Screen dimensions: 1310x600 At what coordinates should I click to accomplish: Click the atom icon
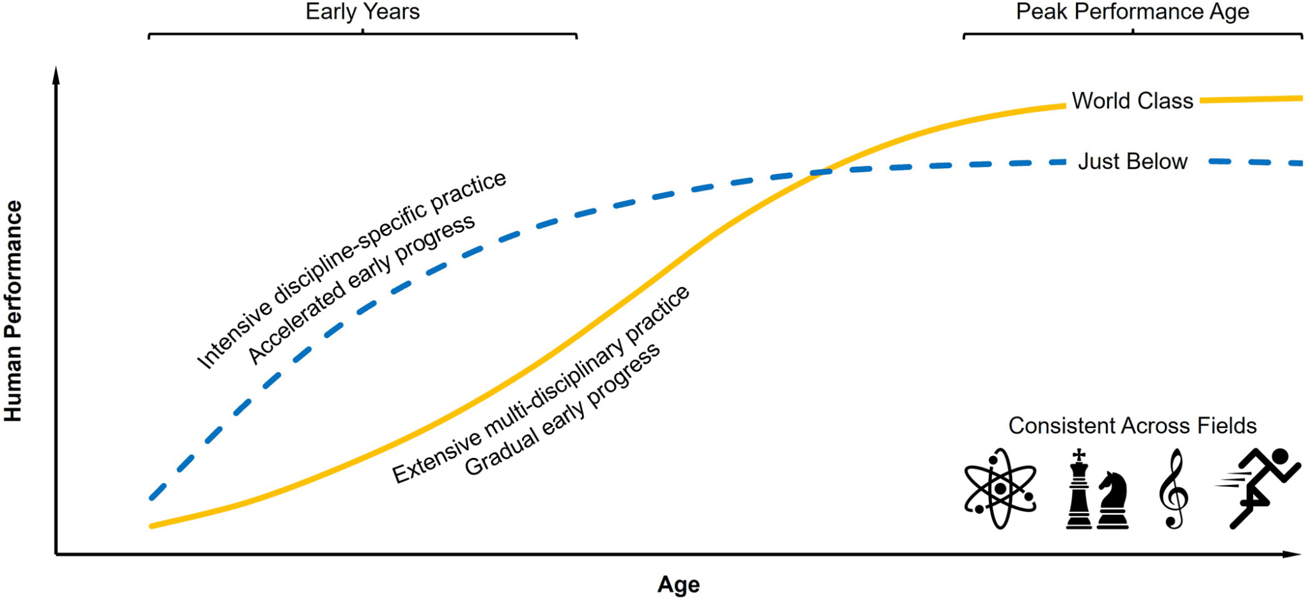[x=1000, y=489]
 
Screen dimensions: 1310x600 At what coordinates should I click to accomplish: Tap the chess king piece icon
[x=1079, y=489]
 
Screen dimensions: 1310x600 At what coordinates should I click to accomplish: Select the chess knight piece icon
[x=1113, y=500]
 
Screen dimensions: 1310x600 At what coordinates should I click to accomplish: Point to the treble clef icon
[x=1174, y=489]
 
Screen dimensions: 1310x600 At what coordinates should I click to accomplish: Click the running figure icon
[x=1258, y=488]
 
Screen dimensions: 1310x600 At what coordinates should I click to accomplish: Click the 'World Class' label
[x=1132, y=101]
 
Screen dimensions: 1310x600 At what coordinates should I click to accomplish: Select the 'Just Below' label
[x=1133, y=161]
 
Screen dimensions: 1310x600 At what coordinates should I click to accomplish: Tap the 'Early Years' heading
[x=363, y=12]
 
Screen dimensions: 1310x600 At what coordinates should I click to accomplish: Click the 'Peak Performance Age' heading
[x=1132, y=12]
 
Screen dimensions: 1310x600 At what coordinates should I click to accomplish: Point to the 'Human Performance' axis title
[x=13, y=311]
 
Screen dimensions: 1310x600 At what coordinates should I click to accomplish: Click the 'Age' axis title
[x=679, y=585]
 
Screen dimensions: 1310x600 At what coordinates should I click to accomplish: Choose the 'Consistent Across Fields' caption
[x=1132, y=425]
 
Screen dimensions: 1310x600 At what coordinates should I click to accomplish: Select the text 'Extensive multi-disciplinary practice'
[x=541, y=384]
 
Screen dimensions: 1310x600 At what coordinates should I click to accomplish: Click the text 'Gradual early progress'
[x=562, y=410]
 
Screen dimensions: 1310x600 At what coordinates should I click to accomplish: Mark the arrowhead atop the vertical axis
[x=56, y=74]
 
